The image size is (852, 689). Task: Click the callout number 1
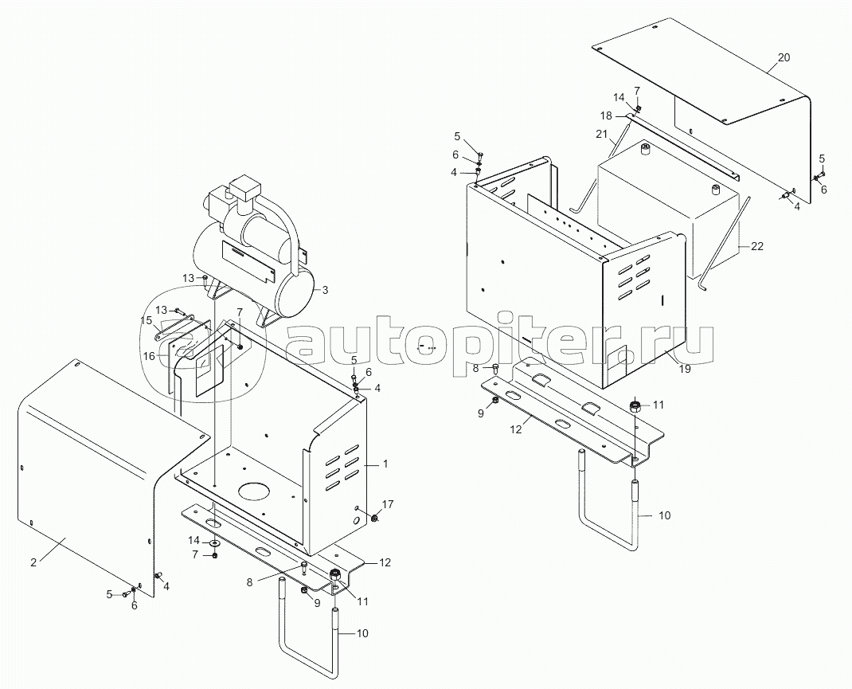(385, 464)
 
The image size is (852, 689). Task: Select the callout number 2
(33, 563)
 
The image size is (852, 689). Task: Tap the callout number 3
(325, 290)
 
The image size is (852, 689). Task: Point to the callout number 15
(147, 320)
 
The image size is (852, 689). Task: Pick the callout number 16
(149, 356)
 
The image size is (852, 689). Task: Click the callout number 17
(387, 504)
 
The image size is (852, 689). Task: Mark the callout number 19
(685, 369)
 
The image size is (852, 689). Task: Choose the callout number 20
(784, 57)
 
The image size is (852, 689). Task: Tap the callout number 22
(757, 246)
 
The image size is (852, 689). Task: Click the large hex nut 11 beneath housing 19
(635, 406)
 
